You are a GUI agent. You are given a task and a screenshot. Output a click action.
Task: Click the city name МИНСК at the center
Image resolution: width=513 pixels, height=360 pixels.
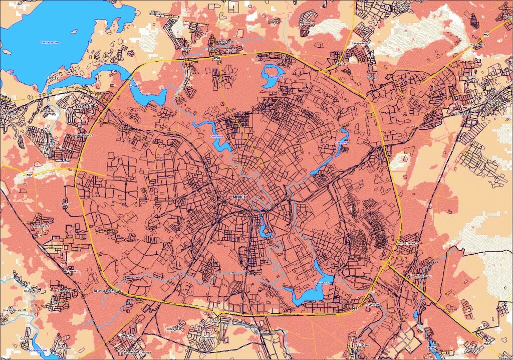click(x=239, y=197)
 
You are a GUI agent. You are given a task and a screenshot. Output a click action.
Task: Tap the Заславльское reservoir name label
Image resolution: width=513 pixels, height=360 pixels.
click(x=50, y=42)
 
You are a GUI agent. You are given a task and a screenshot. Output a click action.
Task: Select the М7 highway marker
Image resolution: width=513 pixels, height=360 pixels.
click(x=29, y=175)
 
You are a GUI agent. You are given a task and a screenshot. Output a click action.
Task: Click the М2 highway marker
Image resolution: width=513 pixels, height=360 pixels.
click(x=486, y=34)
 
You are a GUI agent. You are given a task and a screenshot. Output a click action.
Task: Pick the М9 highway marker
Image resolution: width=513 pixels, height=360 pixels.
click(x=354, y=307)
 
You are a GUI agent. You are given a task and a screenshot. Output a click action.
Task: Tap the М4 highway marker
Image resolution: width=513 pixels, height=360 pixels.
click(x=486, y=343)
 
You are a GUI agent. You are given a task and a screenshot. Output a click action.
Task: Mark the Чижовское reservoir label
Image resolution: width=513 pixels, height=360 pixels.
click(x=322, y=283)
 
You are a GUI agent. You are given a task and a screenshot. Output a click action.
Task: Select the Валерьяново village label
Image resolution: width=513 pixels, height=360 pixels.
click(x=359, y=44)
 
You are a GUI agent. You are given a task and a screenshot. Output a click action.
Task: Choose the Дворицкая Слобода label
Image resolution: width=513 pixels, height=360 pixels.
click(x=108, y=290)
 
